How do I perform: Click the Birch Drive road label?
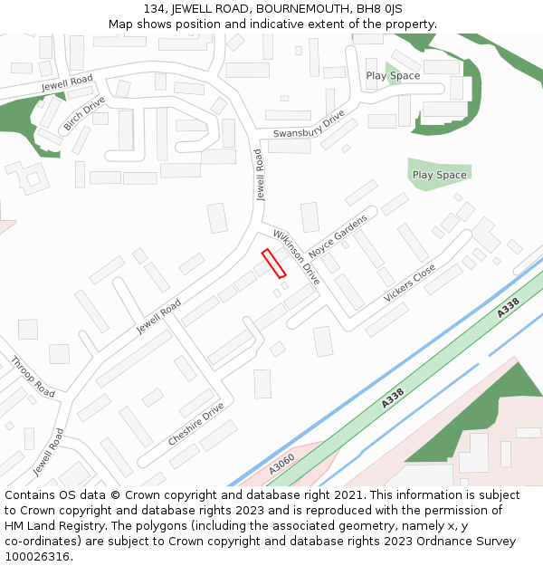83,113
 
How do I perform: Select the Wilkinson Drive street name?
297,256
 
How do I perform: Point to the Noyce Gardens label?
338,235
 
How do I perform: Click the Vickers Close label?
409,283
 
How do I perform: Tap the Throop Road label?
33,377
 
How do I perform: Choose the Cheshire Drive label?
195,424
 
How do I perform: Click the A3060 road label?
281,465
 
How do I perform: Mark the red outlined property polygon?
273,263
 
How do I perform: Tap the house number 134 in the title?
155,9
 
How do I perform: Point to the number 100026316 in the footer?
37,556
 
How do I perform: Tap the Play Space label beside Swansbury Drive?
393,76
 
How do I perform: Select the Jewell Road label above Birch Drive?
67,83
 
